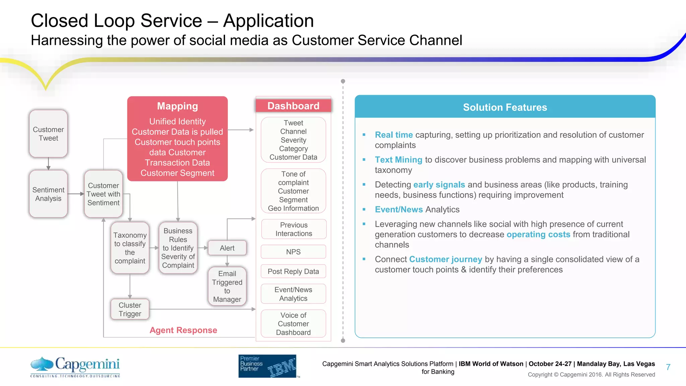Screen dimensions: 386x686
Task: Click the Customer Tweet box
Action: [48, 134]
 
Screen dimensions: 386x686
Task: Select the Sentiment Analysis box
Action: [48, 194]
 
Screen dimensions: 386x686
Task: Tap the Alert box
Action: [227, 248]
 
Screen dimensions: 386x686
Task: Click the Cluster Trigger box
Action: [130, 309]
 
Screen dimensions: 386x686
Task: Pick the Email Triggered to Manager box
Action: [227, 286]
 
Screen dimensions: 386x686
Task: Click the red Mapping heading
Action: [178, 106]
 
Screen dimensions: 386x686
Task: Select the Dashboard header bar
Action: [293, 106]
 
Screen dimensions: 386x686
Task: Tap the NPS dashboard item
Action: [293, 252]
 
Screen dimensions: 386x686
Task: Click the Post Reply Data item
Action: [293, 271]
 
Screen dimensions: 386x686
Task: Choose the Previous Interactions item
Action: [294, 229]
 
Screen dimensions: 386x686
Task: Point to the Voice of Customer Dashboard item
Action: [293, 324]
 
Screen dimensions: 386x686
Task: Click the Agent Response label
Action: [183, 330]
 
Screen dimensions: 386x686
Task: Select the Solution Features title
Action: [505, 107]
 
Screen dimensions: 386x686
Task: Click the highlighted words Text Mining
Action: [398, 160]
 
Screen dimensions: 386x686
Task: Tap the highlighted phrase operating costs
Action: [538, 235]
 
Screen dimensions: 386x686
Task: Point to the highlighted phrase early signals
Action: [439, 185]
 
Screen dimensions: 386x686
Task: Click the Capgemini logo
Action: [75, 366]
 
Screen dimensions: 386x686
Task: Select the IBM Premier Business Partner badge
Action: [267, 366]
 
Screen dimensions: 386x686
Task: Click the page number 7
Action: [668, 367]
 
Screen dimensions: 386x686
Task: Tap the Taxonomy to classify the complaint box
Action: [130, 248]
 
